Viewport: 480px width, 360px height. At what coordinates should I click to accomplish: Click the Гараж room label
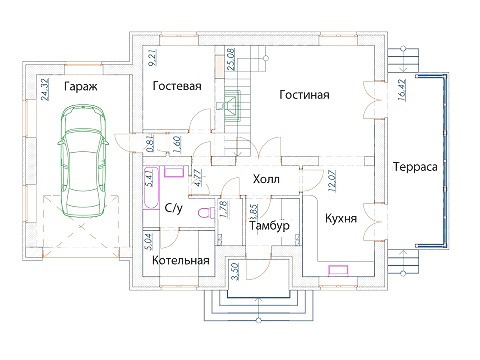(81, 87)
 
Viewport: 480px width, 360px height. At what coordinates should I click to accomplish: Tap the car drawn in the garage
(83, 162)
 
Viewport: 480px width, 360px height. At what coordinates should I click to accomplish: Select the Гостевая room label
(177, 86)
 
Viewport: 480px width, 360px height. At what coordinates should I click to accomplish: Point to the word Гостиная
(304, 95)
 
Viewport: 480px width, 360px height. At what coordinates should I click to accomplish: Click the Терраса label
(415, 166)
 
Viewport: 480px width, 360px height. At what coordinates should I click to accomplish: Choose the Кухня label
(341, 219)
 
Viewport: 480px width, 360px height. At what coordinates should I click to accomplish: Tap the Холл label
(266, 179)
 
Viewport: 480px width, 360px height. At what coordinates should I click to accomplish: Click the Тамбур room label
(269, 226)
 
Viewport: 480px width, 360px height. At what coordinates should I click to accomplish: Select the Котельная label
(181, 260)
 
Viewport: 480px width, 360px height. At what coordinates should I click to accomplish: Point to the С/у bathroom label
(174, 208)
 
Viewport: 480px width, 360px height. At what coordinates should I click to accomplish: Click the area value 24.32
(45, 89)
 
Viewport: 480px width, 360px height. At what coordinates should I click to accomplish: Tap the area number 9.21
(152, 58)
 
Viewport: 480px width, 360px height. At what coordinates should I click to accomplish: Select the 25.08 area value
(231, 59)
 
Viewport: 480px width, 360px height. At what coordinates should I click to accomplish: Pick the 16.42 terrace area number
(402, 89)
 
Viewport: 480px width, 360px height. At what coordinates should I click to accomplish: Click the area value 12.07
(332, 180)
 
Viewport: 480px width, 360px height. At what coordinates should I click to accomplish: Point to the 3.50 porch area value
(235, 271)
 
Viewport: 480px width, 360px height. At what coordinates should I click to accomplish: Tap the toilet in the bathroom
(207, 212)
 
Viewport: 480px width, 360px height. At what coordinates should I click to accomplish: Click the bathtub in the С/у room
(151, 188)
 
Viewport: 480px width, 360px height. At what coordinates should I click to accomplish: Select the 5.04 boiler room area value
(148, 242)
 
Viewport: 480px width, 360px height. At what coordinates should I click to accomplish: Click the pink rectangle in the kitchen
(338, 270)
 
